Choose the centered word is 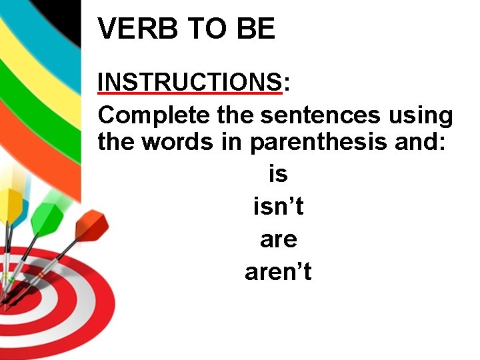[x=278, y=174]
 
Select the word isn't [x=278, y=207]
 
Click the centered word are [x=278, y=239]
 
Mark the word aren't [x=278, y=272]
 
